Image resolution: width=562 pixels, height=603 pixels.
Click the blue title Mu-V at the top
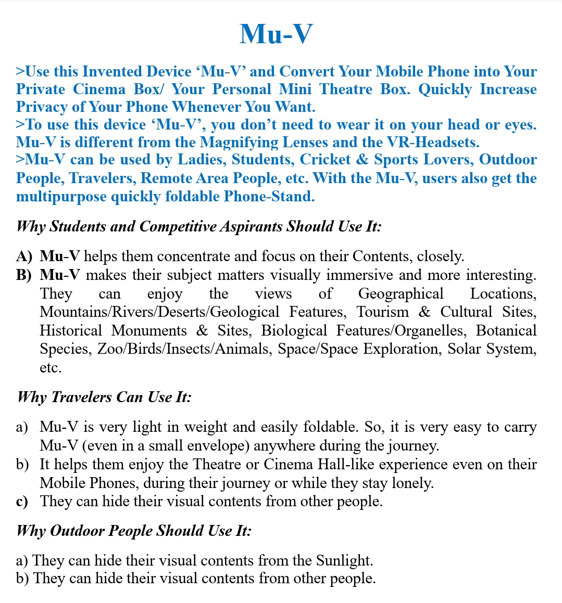click(x=276, y=34)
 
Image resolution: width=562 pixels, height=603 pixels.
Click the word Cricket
click(x=325, y=160)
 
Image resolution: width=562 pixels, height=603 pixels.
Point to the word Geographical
click(x=401, y=294)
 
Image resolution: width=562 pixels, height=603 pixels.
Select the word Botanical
click(x=506, y=331)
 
